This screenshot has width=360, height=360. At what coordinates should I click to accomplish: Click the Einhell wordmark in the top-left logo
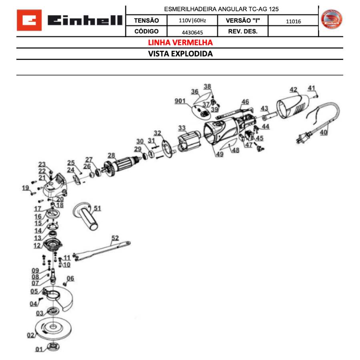tap(84, 21)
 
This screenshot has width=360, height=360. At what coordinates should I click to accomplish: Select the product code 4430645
tap(192, 32)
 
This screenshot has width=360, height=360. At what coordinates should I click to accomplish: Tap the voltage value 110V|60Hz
tap(192, 20)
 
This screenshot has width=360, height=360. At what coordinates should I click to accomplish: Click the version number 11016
tap(293, 21)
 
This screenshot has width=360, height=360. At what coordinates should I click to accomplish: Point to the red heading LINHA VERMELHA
tap(180, 42)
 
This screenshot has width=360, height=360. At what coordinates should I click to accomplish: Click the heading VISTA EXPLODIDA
tap(180, 54)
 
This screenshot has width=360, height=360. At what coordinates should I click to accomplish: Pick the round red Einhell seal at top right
tap(332, 20)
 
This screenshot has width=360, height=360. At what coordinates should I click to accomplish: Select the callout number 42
tap(293, 90)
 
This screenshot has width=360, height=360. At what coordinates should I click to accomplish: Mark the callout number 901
tap(180, 101)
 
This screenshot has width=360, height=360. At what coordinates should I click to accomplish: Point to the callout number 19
tap(26, 188)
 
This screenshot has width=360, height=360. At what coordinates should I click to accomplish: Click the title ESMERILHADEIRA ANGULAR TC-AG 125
tap(221, 9)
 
